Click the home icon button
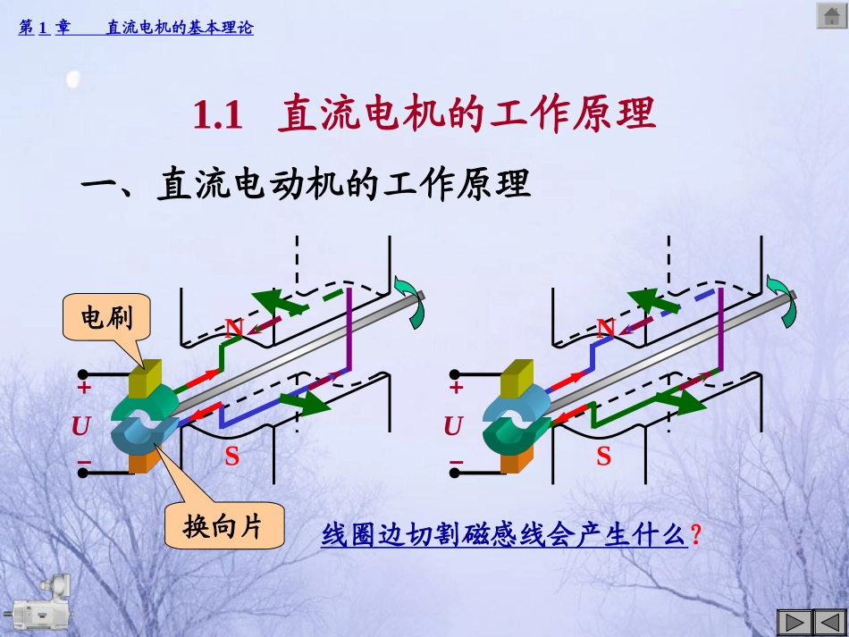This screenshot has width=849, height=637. [x=830, y=15]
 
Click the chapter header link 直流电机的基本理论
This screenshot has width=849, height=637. [x=180, y=28]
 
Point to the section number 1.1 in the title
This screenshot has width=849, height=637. [x=218, y=116]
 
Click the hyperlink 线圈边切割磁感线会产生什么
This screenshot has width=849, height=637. [x=504, y=536]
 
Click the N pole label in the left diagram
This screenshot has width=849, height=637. [x=234, y=328]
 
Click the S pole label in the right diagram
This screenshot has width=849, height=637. [x=604, y=457]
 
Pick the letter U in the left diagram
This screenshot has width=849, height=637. [x=81, y=427]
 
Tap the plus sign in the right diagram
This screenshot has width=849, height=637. [x=457, y=388]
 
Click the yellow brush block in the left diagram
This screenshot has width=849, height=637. [x=144, y=380]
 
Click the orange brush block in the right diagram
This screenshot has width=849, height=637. [x=517, y=458]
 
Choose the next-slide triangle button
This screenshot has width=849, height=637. [x=825, y=623]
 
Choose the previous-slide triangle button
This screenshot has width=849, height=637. [x=794, y=623]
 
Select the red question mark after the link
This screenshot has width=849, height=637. [x=696, y=536]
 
